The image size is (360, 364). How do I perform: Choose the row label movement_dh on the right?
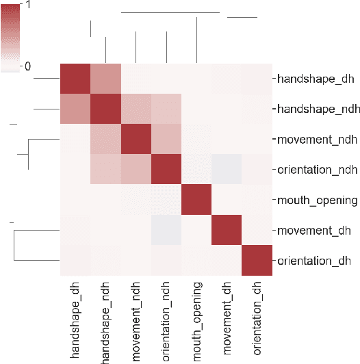click(310, 230)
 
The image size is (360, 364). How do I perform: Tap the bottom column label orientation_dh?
click(257, 317)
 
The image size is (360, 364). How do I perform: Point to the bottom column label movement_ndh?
click(137, 318)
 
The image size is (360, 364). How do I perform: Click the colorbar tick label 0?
click(27, 66)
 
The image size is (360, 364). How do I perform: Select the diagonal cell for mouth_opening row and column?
click(197, 200)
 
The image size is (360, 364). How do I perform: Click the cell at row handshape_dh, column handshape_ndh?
click(106, 79)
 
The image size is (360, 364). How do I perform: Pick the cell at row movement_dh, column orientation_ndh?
click(166, 230)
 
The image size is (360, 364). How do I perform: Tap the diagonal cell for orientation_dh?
click(257, 260)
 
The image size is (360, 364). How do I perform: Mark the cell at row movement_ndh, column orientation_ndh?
click(166, 140)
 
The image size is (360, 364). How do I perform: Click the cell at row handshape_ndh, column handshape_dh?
click(76, 109)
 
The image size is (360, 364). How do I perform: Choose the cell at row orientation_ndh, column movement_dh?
click(227, 170)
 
